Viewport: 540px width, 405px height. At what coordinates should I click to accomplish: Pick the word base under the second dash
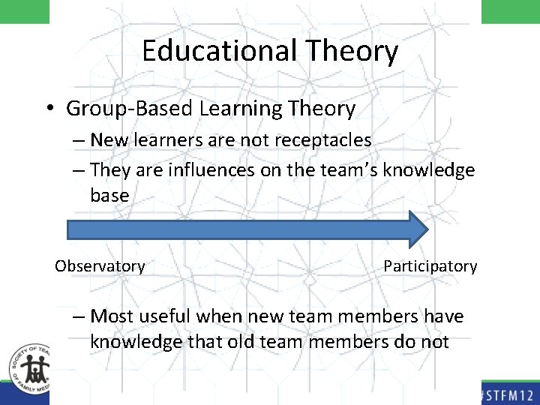pos(109,196)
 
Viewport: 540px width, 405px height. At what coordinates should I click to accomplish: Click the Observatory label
pos(100,266)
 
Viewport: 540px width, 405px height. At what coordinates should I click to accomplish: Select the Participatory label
pos(430,266)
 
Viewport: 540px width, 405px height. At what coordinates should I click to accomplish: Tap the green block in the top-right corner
pos(510,11)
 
